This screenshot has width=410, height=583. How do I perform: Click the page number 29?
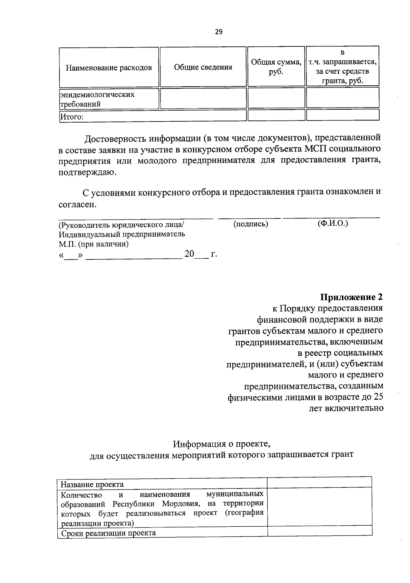coord(219,32)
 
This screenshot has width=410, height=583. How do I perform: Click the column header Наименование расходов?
coord(109,68)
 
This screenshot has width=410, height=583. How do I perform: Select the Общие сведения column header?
coord(203,67)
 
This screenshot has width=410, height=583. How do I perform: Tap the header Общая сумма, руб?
coord(276,67)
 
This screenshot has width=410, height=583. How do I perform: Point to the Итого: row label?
coord(72,117)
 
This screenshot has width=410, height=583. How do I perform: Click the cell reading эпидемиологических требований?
coord(97,99)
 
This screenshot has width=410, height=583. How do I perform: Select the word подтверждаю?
coord(87,172)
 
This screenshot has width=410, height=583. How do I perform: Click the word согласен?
coord(78,204)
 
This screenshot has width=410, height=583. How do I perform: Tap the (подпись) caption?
coord(251,224)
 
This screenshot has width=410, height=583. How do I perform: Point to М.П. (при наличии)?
coord(94,244)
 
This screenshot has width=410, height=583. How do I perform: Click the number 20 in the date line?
coord(189,254)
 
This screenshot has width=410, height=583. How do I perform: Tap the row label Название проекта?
coord(92,484)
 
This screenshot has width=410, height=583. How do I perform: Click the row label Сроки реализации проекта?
coord(108,533)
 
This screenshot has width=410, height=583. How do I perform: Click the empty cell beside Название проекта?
coord(319,482)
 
